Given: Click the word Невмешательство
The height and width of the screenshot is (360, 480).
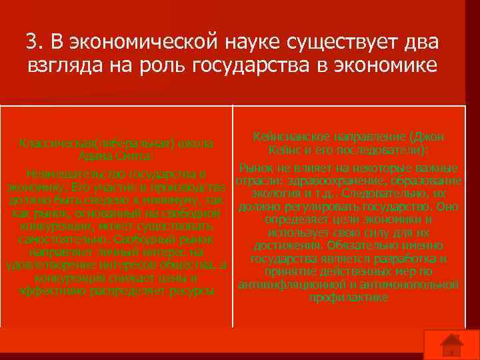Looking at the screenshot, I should click(x=70, y=175).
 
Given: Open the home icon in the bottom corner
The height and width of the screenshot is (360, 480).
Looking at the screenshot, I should click(x=453, y=345).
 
